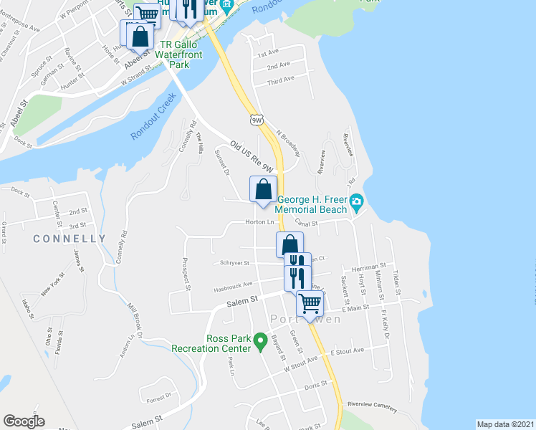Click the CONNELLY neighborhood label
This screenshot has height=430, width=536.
[x=70, y=239]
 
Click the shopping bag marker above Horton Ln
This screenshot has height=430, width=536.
[x=263, y=190]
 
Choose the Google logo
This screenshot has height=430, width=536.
[x=24, y=421]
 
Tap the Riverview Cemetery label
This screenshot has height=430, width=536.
[x=372, y=406]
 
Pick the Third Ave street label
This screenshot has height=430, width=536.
[x=280, y=82]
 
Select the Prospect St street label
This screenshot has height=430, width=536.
[x=188, y=274]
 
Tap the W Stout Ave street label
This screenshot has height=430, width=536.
[x=301, y=363]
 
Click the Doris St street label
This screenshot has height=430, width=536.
[x=315, y=385]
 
